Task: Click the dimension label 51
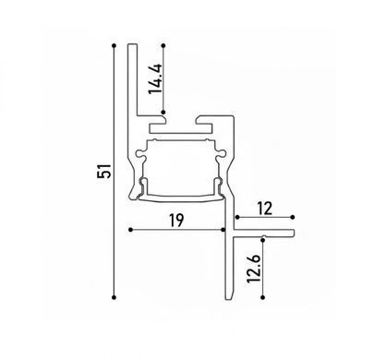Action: click(x=104, y=171)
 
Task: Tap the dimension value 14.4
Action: click(x=155, y=78)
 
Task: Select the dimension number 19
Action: click(x=176, y=220)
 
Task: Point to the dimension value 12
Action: click(x=265, y=209)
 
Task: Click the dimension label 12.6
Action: click(x=255, y=268)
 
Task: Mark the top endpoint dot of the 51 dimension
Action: click(x=115, y=45)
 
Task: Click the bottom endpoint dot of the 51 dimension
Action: click(x=115, y=297)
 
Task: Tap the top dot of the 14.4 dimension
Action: click(x=163, y=45)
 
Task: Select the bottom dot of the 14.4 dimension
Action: click(x=163, y=112)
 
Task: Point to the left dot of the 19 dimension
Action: click(x=130, y=230)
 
